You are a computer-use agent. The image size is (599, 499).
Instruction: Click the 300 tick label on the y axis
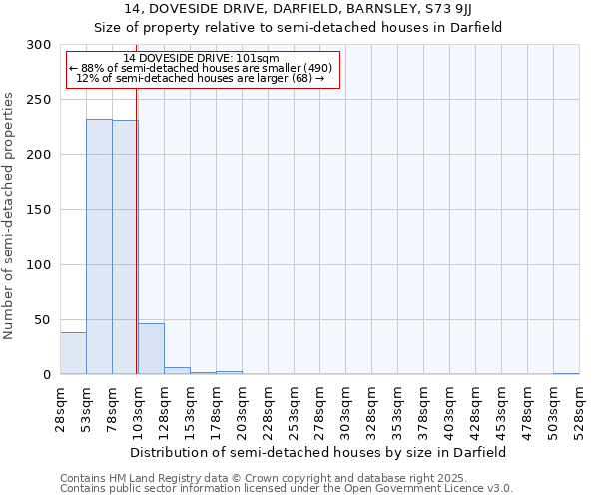pos(38,45)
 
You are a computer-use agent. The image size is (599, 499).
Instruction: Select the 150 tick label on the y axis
pos(38,210)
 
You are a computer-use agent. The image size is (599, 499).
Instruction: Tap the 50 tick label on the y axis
pos(42,319)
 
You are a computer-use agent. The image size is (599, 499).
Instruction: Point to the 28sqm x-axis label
pos(61,407)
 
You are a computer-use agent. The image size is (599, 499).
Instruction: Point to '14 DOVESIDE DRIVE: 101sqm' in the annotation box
pos(202,59)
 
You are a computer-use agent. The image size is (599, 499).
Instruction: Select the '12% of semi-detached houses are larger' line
pos(201,79)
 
